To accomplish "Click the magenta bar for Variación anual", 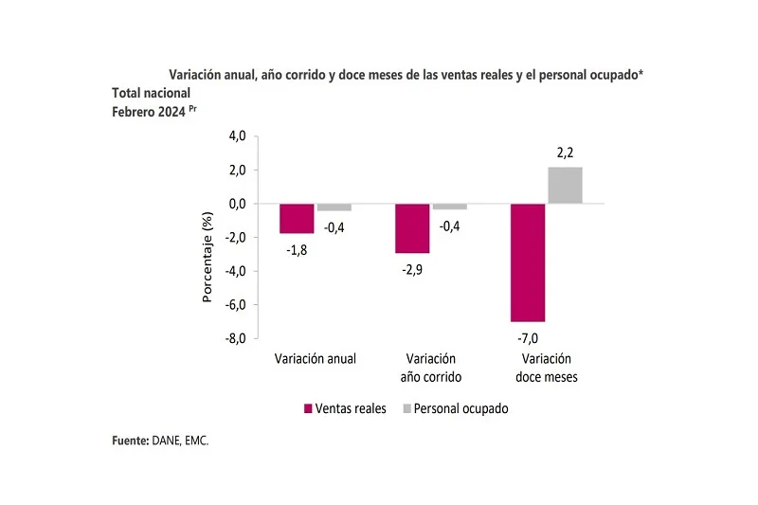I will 298,219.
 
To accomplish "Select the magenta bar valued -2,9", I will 412,228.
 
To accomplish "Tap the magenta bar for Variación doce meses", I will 528,262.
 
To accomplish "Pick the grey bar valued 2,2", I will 566,186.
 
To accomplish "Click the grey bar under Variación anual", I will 334,207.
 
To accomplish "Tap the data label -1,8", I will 298,250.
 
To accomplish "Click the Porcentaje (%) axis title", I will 208,257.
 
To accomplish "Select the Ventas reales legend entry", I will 345,408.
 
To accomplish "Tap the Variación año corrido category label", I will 431,368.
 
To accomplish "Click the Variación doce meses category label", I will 547,368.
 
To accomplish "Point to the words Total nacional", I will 152,93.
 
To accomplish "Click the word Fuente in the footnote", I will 130,441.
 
